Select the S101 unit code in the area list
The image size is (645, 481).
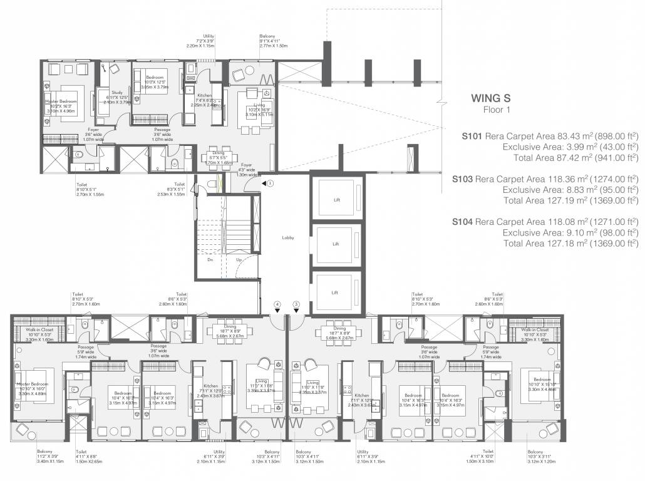[472, 135]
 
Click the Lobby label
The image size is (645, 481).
[287, 238]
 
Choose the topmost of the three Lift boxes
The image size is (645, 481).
[336, 200]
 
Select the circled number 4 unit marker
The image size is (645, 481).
[276, 304]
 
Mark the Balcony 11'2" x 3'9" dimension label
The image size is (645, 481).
[46, 455]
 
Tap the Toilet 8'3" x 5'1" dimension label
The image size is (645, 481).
[171, 191]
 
